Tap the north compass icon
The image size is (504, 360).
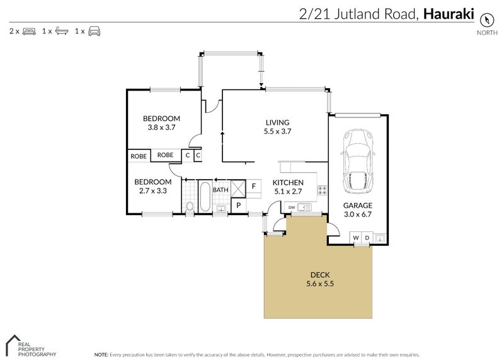[x=486, y=18]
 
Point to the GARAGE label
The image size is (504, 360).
[x=357, y=206]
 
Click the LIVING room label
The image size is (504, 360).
[x=277, y=122]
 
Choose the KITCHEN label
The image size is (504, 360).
[x=288, y=183]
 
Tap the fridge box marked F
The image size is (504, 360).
[x=253, y=186]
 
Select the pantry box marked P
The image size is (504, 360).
[x=239, y=206]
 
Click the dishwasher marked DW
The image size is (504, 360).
[x=291, y=207]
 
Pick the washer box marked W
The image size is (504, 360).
[x=356, y=238]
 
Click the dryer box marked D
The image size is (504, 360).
[x=366, y=238]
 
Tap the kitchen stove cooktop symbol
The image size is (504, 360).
[x=321, y=190]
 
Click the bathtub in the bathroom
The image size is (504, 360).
[x=205, y=196]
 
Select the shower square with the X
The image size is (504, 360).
[x=238, y=187]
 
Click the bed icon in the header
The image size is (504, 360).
[x=29, y=30]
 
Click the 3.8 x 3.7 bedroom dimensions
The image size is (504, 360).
[x=161, y=127]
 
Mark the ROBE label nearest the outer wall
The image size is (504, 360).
[x=139, y=155]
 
